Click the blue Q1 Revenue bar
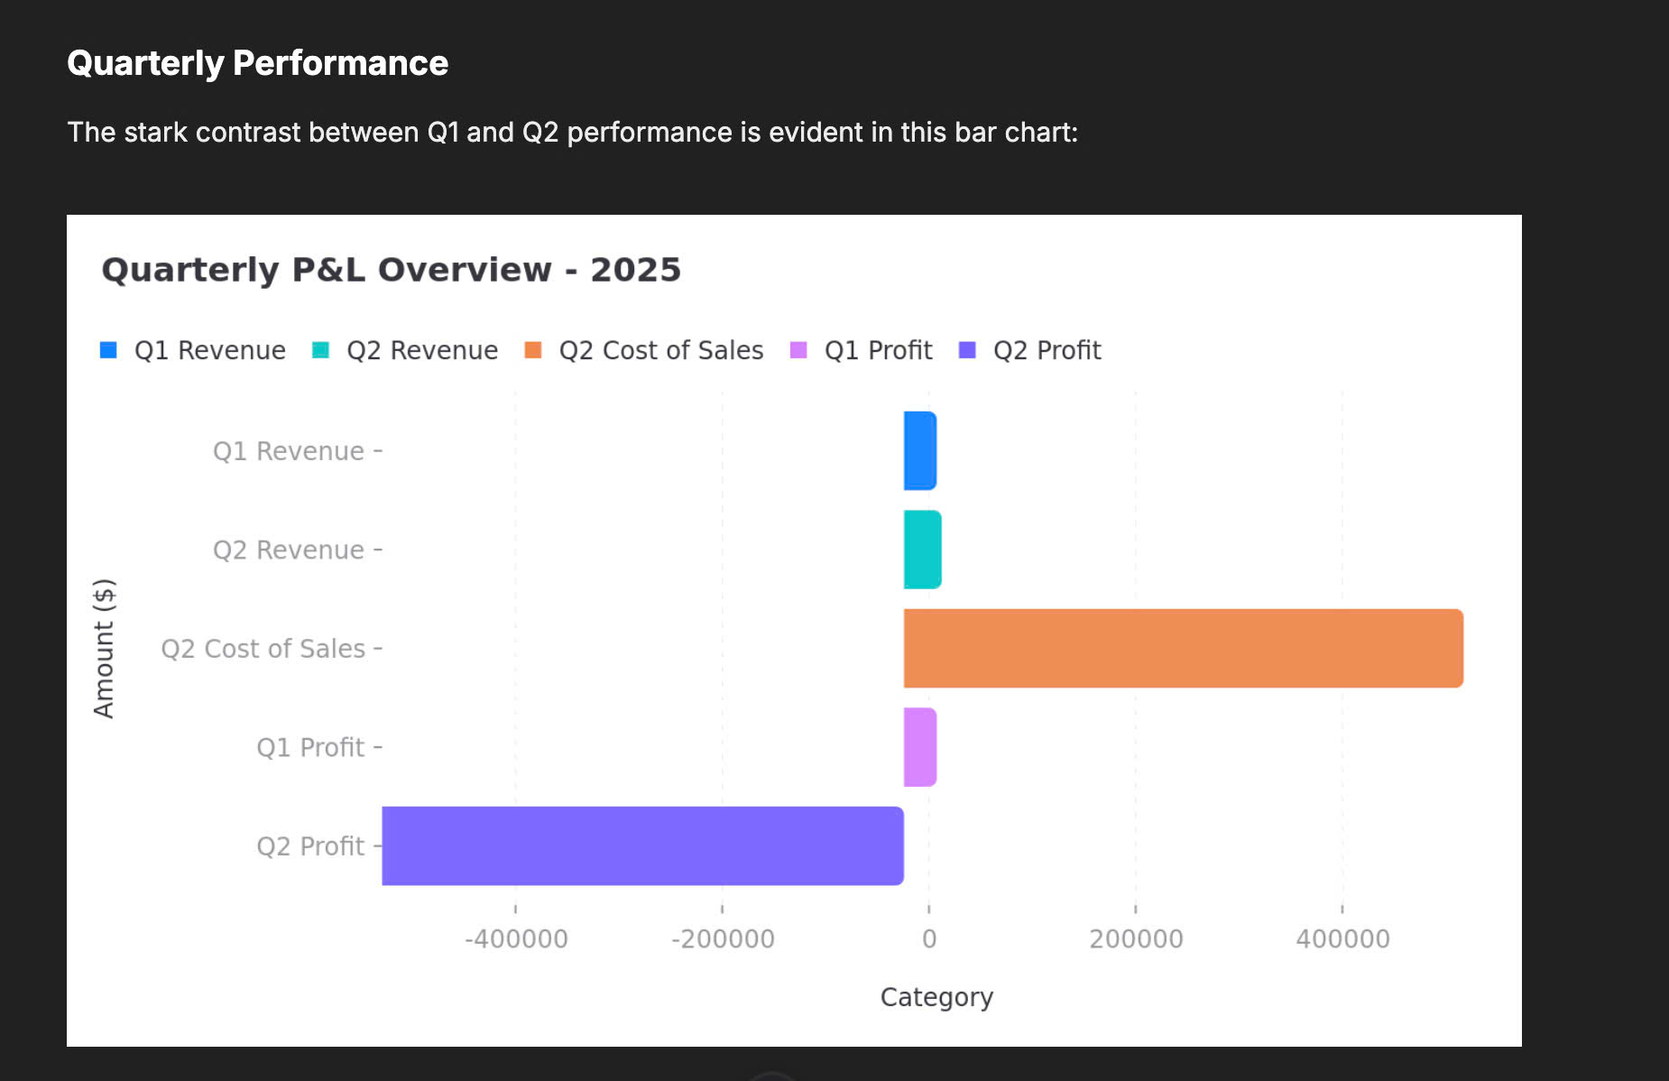click(x=920, y=450)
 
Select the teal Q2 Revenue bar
click(x=922, y=550)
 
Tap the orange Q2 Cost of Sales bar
click(x=1183, y=648)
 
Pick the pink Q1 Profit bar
click(x=920, y=747)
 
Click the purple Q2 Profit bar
click(x=642, y=845)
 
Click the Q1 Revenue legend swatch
click(x=108, y=350)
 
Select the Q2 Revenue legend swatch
click(x=320, y=350)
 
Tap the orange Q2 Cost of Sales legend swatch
click(x=533, y=350)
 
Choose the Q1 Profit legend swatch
click(x=798, y=350)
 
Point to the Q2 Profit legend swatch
click(x=967, y=350)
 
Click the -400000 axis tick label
click(x=516, y=939)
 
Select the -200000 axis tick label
click(x=723, y=939)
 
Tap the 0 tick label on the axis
click(x=929, y=939)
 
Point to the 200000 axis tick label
click(x=1136, y=939)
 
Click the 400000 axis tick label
click(x=1342, y=939)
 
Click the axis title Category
click(x=936, y=997)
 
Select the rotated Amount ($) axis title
click(x=105, y=648)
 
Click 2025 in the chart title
click(x=635, y=270)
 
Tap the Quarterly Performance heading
click(x=257, y=63)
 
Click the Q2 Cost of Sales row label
click(x=263, y=649)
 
